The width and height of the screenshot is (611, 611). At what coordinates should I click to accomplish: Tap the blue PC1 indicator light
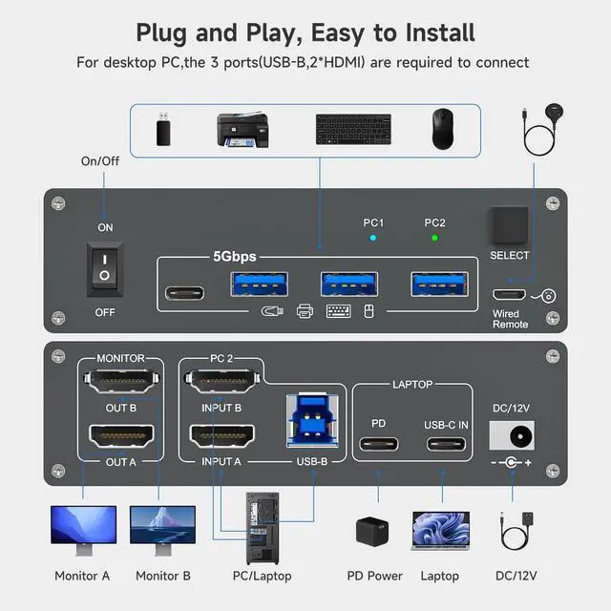pos(373,239)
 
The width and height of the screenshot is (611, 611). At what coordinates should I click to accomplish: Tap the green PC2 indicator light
pos(434,239)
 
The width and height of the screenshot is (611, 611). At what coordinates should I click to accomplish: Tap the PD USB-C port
pos(378,444)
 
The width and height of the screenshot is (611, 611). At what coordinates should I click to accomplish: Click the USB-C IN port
pos(445,444)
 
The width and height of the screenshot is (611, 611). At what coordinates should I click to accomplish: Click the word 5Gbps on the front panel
pos(234,256)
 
